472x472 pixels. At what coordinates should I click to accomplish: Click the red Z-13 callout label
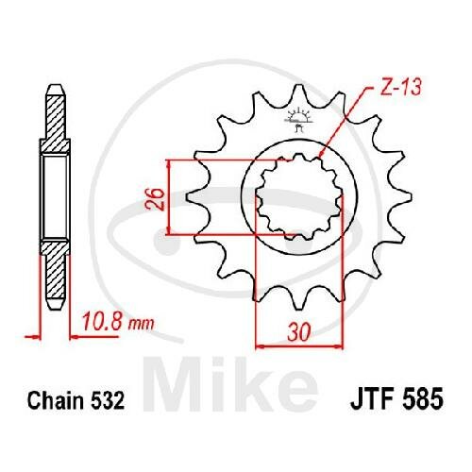pos(400,87)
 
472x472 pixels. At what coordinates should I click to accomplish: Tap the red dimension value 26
pos(155,199)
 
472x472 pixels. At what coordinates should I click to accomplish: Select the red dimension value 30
pos(298,331)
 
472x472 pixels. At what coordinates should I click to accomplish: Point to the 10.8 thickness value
pos(102,321)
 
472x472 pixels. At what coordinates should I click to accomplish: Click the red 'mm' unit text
pos(141,324)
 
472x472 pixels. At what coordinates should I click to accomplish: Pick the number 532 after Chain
pos(108,400)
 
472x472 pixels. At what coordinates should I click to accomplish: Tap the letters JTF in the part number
pos(372,398)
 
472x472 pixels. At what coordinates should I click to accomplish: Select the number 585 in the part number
pos(422,398)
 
